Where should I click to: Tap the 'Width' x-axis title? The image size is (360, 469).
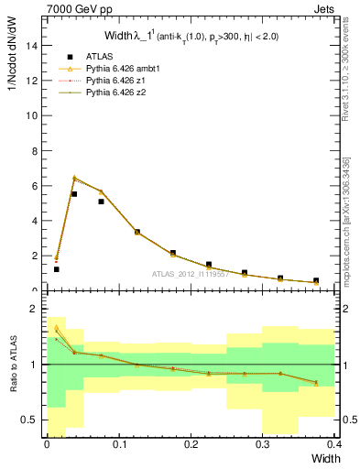tap(322, 457)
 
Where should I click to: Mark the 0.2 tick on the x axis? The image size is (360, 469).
tap(191, 444)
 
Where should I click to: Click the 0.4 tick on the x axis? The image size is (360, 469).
tap(334, 444)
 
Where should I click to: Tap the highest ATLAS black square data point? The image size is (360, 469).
tap(74, 194)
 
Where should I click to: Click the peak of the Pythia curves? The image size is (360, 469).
tap(74, 178)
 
